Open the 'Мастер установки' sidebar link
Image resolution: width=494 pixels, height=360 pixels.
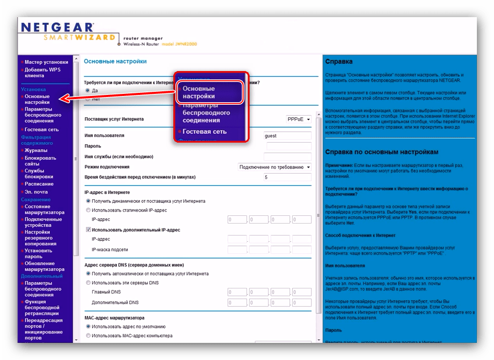coord(46,62)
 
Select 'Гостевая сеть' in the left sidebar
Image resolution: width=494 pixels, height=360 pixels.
coord(42,130)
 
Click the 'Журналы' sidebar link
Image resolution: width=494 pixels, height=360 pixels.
coord(36,150)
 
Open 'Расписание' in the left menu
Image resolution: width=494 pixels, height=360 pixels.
coord(39,184)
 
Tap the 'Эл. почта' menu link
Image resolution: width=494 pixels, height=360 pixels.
coord(36,192)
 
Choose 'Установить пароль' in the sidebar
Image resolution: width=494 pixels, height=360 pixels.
coord(38,254)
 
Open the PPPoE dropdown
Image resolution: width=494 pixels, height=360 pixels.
coord(299,119)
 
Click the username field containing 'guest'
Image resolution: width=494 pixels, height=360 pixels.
coord(288,136)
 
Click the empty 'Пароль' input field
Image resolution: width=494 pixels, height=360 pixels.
coord(288,146)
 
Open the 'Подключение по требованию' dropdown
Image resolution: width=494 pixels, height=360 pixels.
coord(275,167)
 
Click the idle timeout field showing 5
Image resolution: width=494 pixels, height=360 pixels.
coord(288,177)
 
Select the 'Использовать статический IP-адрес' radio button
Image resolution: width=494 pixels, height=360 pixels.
coord(88,210)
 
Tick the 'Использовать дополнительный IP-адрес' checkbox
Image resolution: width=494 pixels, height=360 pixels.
coord(88,229)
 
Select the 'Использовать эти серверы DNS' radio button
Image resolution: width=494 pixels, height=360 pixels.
coord(88,283)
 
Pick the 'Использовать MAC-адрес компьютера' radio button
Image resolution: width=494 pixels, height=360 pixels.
coord(88,336)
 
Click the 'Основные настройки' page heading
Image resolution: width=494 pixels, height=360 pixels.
coord(115,61)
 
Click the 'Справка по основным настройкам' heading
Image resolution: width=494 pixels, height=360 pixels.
coord(382,152)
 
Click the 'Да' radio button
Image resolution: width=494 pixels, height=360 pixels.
coord(88,90)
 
